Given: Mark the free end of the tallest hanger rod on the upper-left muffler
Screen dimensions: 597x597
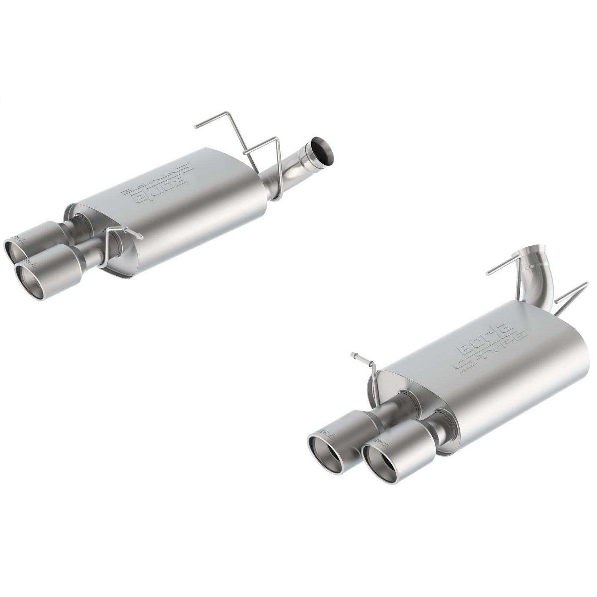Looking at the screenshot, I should pyautogui.click(x=196, y=127).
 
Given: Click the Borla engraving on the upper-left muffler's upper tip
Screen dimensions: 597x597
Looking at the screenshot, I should pyautogui.click(x=18, y=239).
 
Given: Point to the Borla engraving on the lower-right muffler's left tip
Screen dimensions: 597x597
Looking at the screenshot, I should pyautogui.click(x=326, y=432).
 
